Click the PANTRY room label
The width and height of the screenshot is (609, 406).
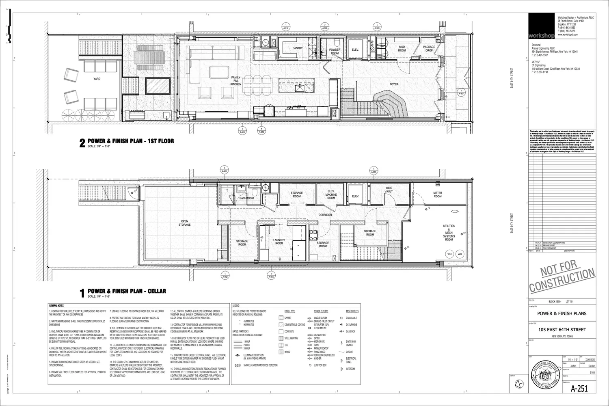[x=298, y=48]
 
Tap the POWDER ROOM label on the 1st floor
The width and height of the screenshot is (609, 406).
[x=335, y=51]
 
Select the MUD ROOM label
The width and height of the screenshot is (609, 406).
[x=402, y=49]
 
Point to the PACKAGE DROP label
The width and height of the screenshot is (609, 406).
[x=429, y=49]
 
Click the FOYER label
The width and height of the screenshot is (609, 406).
[x=394, y=84]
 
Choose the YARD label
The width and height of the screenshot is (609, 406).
[x=97, y=79]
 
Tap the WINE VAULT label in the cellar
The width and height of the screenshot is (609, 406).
[x=389, y=190]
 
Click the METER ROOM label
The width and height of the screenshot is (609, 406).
[x=437, y=194]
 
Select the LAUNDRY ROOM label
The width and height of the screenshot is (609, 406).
[x=279, y=242]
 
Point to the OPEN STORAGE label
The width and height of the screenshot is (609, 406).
[x=185, y=223]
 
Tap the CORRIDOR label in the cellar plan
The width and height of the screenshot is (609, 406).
[x=325, y=215]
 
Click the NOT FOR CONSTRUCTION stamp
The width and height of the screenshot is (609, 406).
[x=562, y=279]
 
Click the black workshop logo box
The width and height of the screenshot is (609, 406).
[x=542, y=26]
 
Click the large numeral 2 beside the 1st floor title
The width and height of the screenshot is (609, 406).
[x=82, y=143]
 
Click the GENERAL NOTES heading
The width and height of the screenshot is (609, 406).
[x=56, y=305]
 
